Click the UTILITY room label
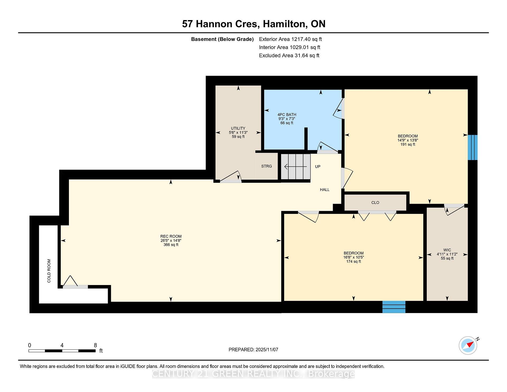point(238,128)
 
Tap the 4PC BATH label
point(287,115)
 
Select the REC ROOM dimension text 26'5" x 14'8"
point(171,241)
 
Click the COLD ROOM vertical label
point(49,271)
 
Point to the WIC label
point(447,250)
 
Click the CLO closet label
point(375,203)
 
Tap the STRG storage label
point(266,166)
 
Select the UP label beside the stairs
point(318,167)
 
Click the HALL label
point(325,190)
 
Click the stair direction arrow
point(295,167)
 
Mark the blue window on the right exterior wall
point(472,147)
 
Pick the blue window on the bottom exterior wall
point(394,307)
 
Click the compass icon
point(468,345)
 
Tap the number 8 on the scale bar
point(95,345)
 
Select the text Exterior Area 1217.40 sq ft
point(290,39)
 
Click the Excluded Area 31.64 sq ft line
point(289,55)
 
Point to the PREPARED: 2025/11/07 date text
point(253,350)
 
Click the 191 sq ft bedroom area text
point(408,144)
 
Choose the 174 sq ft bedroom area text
point(354,262)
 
